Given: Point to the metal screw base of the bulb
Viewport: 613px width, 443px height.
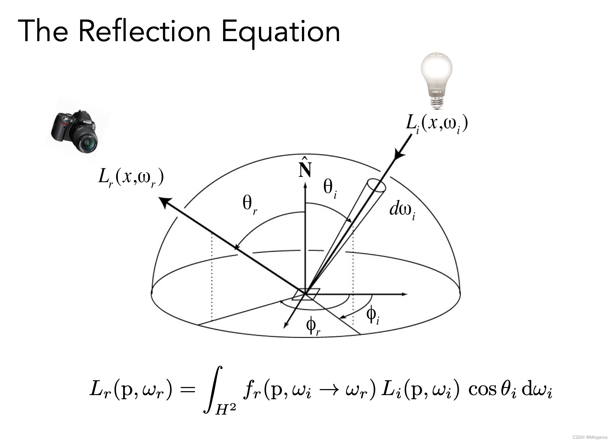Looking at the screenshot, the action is (437, 103).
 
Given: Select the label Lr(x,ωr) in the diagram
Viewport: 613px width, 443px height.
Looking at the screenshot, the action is (131, 177).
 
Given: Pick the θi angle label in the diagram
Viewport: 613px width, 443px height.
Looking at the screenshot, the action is (330, 188).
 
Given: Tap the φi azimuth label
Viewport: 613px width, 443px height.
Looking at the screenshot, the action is (372, 314).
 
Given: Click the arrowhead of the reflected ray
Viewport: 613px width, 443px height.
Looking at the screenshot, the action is (164, 202).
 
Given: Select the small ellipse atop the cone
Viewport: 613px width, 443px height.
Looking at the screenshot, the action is (376, 185).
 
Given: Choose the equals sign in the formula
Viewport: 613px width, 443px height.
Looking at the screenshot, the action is (187, 390).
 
